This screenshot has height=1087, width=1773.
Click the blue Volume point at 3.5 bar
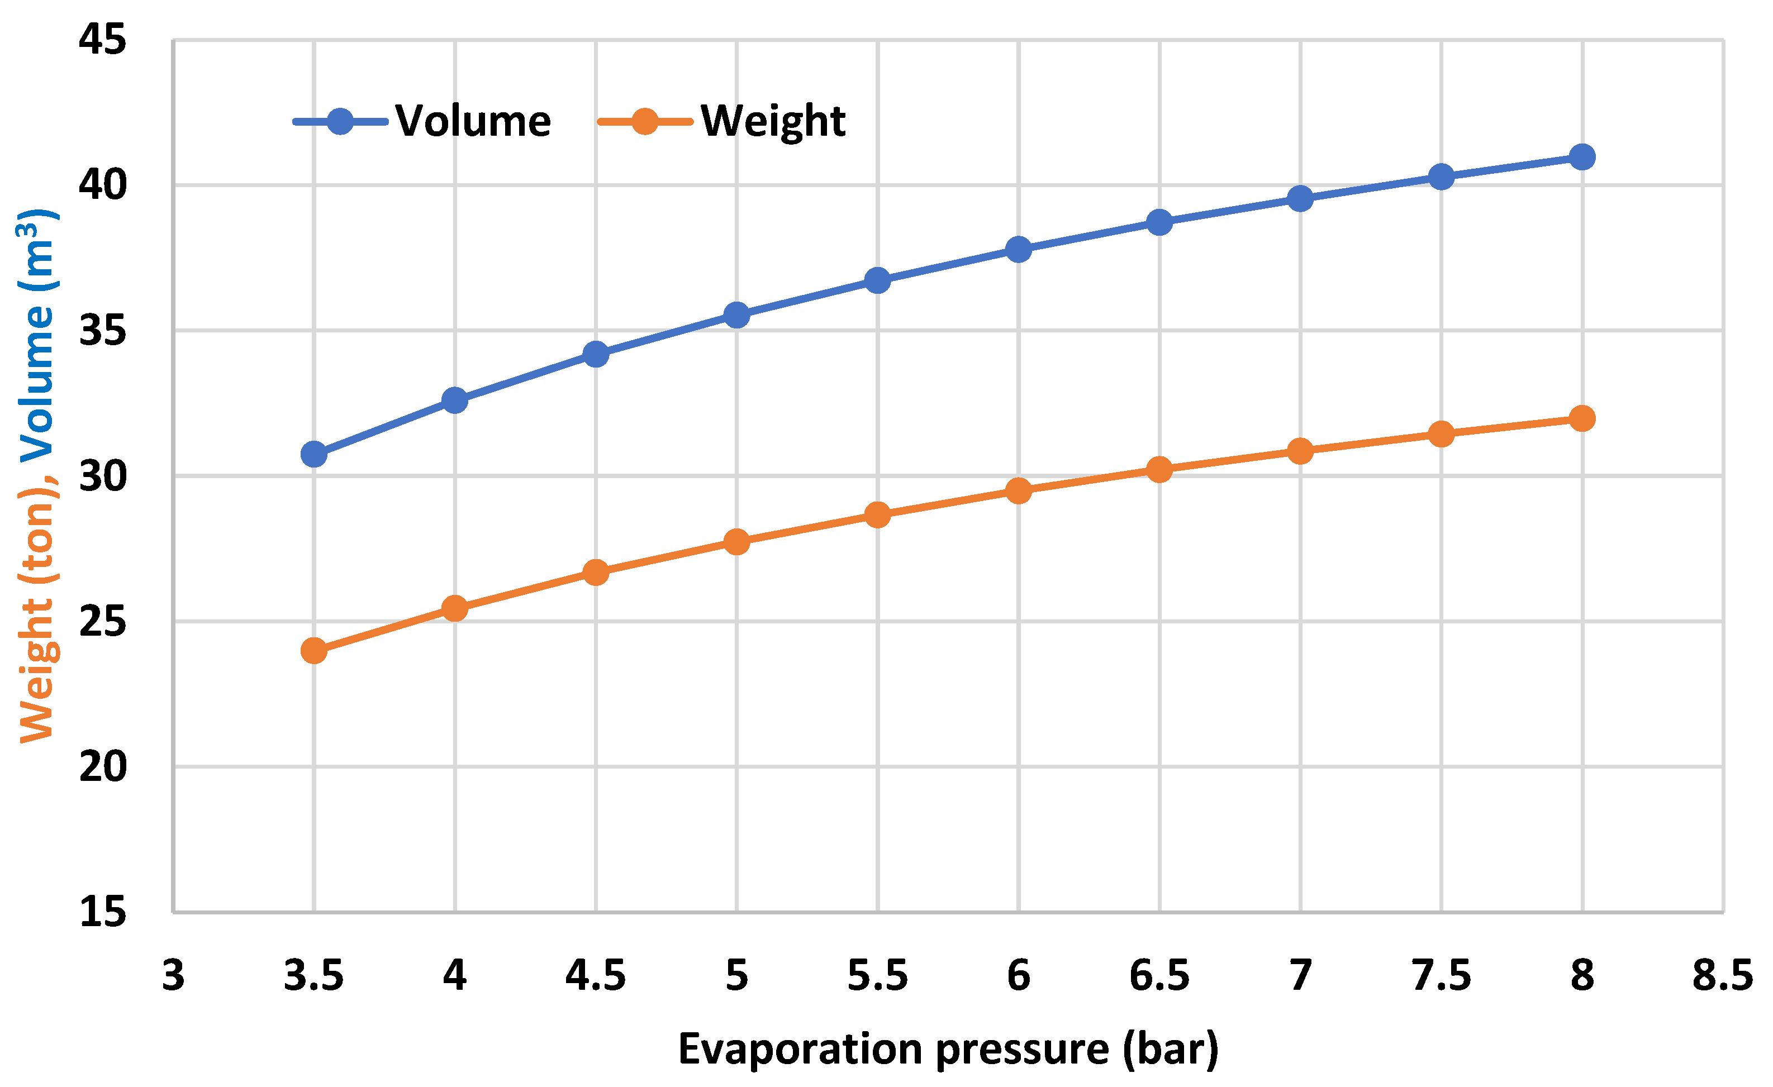[313, 454]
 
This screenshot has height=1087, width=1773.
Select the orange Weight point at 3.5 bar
[313, 651]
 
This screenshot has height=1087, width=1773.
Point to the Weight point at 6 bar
[1018, 490]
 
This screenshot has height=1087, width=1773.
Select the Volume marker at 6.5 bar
[1159, 222]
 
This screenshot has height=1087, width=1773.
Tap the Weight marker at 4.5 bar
[596, 573]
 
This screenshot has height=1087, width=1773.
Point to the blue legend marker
[340, 122]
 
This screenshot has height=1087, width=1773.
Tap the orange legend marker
[645, 122]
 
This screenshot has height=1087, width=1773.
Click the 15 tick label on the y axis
[102, 912]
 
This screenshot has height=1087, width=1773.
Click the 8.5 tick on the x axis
[1722, 976]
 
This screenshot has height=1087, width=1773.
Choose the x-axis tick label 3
[173, 976]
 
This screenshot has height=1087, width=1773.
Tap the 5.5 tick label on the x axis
[877, 976]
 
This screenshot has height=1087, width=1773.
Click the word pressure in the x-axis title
[1022, 1050]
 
